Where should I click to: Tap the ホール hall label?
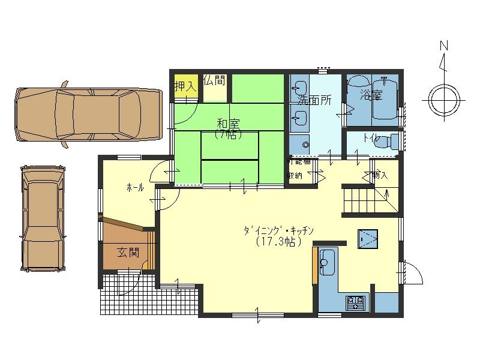[135, 188]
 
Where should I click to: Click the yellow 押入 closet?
[185, 86]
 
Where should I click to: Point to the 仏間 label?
[214, 80]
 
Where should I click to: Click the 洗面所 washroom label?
[314, 100]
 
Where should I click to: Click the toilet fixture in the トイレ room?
[391, 142]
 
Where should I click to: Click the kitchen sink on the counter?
[328, 260]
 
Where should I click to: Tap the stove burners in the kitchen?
[356, 301]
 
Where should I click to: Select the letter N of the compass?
[444, 45]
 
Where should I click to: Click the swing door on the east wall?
[412, 274]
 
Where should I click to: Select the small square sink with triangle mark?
[367, 239]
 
